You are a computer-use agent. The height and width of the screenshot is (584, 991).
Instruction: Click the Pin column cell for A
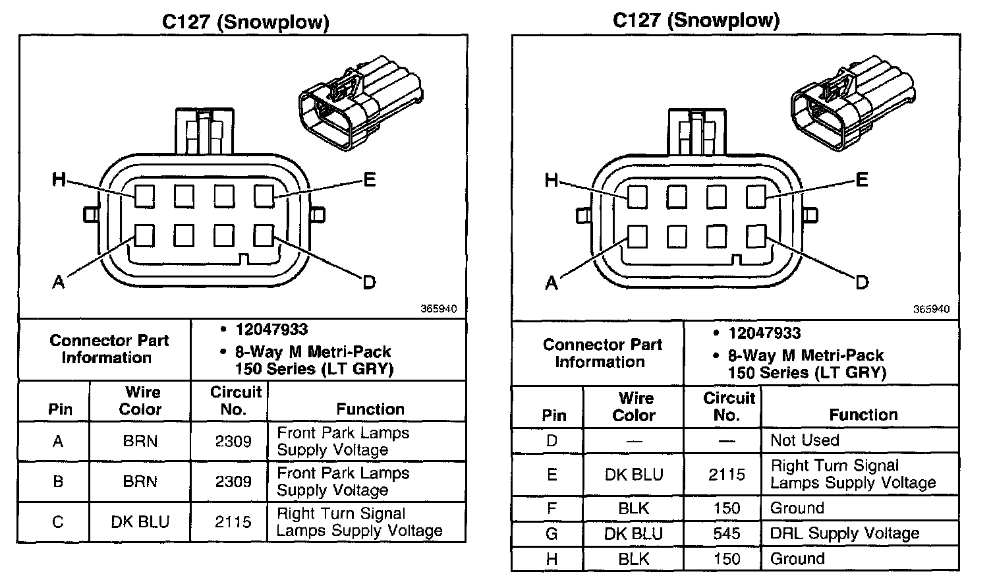point(58,441)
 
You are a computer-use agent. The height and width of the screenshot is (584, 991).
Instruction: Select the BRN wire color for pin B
point(140,481)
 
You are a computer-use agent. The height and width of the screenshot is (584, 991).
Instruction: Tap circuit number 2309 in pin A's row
point(233,441)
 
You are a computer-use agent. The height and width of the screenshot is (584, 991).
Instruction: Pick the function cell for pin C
point(359,522)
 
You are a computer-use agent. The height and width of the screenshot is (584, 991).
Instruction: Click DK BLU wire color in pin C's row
point(140,522)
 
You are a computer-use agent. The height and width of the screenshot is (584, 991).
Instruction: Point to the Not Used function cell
point(805,440)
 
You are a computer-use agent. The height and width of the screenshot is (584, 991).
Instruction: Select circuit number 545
point(727,533)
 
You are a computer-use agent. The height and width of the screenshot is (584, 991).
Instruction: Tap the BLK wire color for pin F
point(634,508)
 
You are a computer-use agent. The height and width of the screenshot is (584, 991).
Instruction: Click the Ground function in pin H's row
point(797,559)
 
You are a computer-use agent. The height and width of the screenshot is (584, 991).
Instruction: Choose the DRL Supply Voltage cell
point(845,533)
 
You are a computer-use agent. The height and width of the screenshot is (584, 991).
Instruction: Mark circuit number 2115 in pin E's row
point(727,475)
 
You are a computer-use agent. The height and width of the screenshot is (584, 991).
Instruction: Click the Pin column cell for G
point(552,533)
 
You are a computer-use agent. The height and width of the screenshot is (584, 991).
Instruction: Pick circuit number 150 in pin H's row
point(727,559)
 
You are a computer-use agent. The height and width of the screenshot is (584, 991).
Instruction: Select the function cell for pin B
point(343,481)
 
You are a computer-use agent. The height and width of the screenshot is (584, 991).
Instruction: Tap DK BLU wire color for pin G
point(634,533)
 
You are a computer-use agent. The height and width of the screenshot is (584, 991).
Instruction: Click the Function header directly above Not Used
point(863,415)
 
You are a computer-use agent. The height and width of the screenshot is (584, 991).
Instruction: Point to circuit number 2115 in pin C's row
point(233,522)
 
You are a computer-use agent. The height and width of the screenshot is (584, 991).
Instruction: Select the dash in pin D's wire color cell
point(634,440)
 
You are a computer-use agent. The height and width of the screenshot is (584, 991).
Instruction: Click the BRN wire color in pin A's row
point(140,441)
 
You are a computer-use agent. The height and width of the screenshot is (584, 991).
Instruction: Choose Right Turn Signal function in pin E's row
point(853,475)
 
